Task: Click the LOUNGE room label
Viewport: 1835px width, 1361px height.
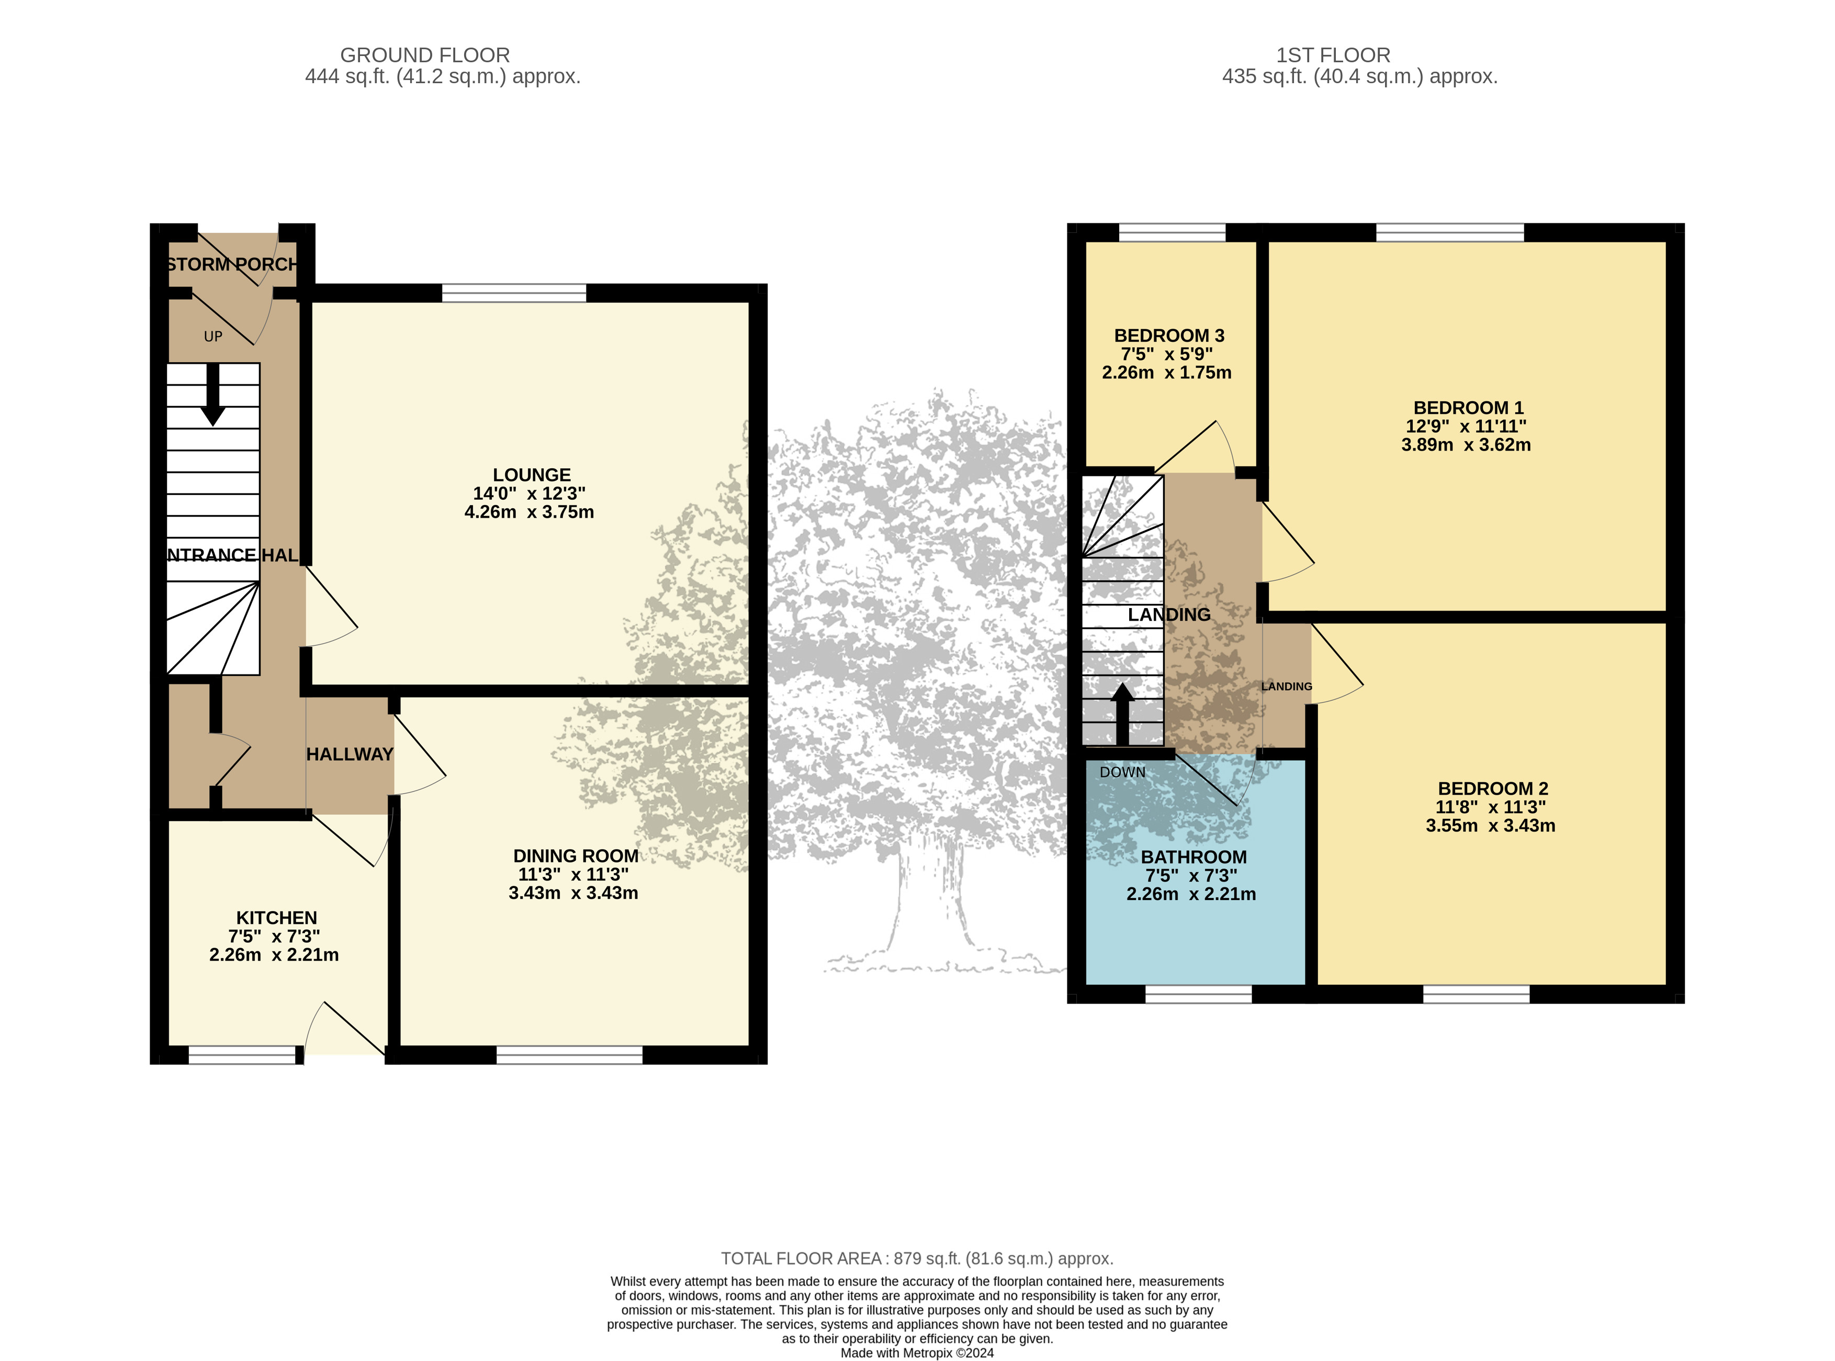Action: [x=531, y=475]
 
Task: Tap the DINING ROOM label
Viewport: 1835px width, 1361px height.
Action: [x=576, y=856]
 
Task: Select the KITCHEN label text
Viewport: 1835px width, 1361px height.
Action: [x=277, y=918]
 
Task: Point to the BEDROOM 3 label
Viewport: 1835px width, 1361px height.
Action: [x=1169, y=336]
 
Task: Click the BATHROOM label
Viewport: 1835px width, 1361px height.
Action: [x=1194, y=857]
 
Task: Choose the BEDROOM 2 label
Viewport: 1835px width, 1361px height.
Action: [x=1492, y=789]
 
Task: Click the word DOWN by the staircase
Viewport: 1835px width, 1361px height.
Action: [x=1122, y=772]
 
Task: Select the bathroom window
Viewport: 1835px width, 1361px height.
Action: [x=1198, y=994]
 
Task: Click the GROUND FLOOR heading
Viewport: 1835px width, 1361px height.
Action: [x=425, y=55]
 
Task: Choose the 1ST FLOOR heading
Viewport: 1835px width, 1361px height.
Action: [x=1333, y=55]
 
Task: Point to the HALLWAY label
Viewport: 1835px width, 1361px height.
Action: [x=350, y=755]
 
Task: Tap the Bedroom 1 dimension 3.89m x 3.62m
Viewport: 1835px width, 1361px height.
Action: [x=1466, y=445]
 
